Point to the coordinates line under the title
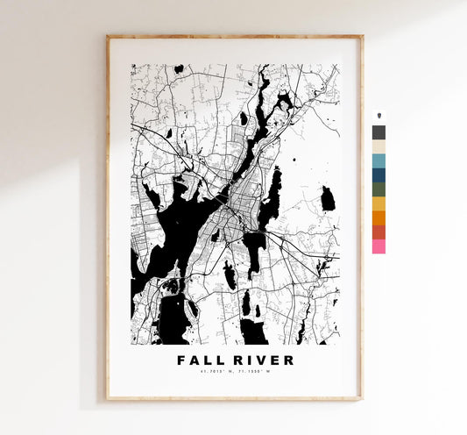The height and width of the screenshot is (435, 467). (x=235, y=374)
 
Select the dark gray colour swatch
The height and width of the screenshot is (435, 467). (x=379, y=132)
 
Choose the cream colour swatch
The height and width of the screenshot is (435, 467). (x=379, y=146)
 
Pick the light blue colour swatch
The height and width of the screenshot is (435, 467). (x=379, y=160)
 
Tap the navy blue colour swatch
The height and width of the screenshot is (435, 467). (x=379, y=175)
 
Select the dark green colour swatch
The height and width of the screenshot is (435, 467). (x=379, y=189)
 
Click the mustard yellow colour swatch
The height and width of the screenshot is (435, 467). (x=379, y=203)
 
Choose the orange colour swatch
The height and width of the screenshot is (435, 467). (x=379, y=217)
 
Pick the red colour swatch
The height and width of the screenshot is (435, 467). (x=379, y=232)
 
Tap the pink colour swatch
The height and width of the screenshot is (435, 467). (x=379, y=246)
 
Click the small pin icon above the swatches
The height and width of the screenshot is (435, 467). (x=379, y=117)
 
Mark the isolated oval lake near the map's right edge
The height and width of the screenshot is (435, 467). (x=328, y=199)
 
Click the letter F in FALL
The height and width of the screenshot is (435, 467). (x=181, y=360)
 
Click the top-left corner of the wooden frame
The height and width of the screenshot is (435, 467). (x=108, y=37)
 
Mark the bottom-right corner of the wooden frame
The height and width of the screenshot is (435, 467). (x=361, y=399)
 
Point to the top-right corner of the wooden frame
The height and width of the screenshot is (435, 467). (x=361, y=37)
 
